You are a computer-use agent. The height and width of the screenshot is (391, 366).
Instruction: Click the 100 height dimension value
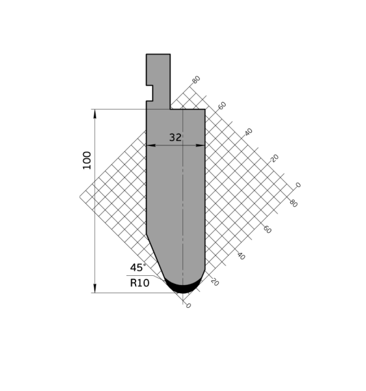point(87,160)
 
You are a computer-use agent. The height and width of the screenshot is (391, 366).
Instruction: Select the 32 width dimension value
point(176,138)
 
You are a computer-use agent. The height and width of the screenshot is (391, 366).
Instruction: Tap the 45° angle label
point(138,268)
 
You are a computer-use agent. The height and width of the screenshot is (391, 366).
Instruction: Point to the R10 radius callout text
point(140,283)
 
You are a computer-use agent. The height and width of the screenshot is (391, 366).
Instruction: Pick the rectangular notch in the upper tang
point(150,93)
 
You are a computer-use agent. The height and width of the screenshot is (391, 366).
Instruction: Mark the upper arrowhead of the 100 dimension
point(95,114)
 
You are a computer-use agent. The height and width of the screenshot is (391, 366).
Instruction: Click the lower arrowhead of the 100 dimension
point(95,288)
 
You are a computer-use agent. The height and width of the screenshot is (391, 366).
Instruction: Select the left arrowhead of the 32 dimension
point(151,145)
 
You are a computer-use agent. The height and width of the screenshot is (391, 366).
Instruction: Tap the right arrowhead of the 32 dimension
point(200,145)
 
